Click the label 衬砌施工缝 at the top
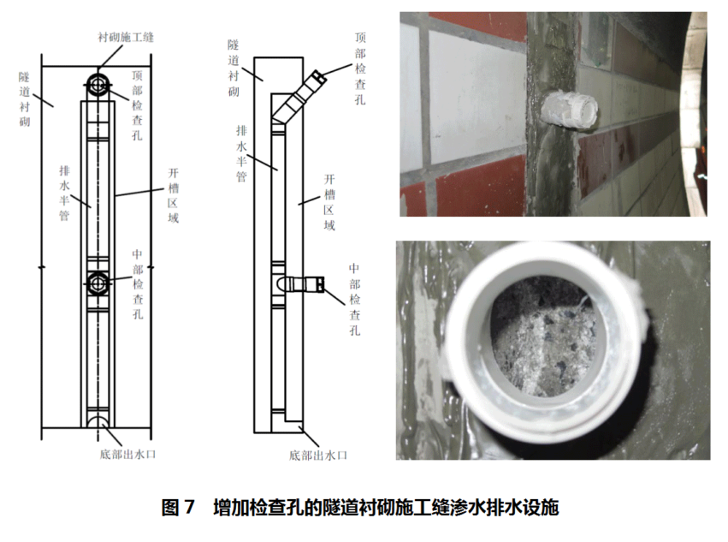[126, 37]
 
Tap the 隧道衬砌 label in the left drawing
[25, 99]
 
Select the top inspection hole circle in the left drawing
[98, 85]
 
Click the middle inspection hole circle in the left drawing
[98, 283]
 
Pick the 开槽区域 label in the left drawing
[173, 196]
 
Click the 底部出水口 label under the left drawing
[127, 454]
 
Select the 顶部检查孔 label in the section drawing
[360, 68]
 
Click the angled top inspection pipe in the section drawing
[299, 97]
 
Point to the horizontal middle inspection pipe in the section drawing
[304, 284]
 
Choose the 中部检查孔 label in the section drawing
[355, 300]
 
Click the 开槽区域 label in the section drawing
[329, 202]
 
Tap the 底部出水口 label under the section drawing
[318, 456]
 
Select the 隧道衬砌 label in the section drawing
[234, 68]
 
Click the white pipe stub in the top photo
[569, 110]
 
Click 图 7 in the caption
[178, 507]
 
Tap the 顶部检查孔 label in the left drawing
[137, 105]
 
